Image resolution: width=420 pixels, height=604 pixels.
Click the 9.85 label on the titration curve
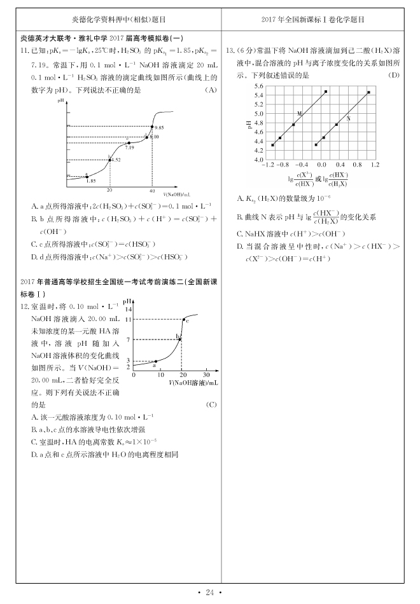[158, 128]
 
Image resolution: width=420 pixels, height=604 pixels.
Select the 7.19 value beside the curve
[129, 148]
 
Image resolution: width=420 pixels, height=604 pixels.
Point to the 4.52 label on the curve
[116, 160]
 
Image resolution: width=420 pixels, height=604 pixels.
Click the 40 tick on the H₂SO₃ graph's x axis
[152, 191]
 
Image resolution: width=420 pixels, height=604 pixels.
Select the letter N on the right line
[348, 119]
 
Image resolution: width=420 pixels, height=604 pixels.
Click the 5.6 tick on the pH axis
[258, 85]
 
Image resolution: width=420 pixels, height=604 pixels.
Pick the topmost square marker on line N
[368, 92]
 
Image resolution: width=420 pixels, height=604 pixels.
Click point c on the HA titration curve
[185, 319]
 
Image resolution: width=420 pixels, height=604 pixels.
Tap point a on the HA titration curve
[156, 361]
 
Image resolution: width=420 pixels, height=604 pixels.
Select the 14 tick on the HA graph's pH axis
[129, 308]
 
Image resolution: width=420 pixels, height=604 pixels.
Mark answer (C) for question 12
[211, 405]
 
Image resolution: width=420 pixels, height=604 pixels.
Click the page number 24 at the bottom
[209, 593]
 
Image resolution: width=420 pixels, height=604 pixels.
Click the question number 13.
[230, 50]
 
